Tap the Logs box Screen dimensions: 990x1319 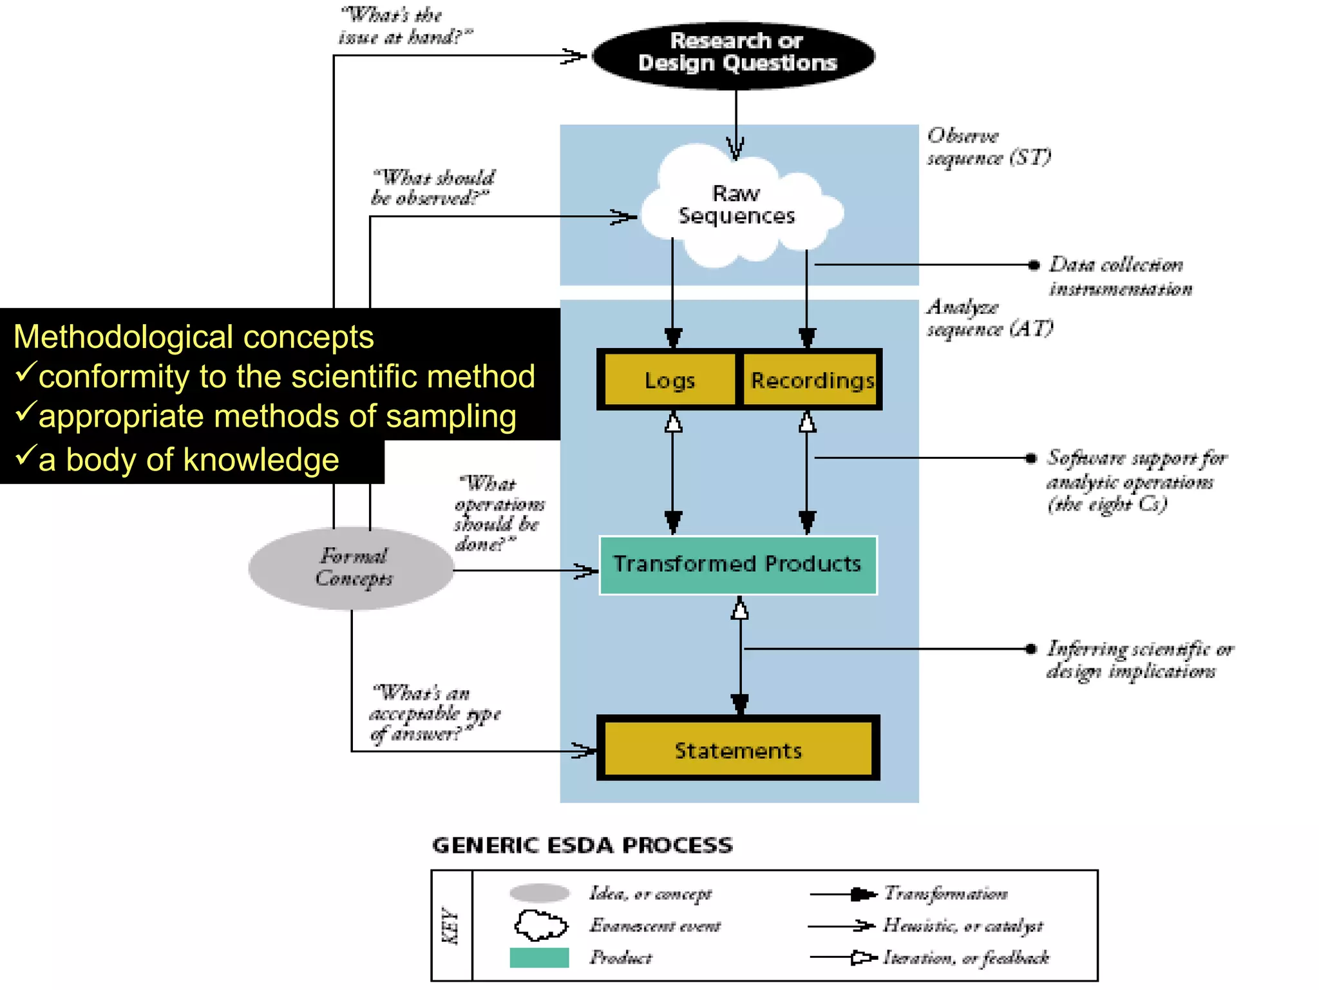670,380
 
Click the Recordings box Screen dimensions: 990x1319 811,380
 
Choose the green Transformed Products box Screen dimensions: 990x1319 738,565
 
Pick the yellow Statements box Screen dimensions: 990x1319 738,750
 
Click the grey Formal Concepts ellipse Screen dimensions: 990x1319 352,567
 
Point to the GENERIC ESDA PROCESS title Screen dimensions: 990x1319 582,845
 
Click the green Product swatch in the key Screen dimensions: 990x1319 539,958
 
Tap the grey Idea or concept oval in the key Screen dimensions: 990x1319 539,893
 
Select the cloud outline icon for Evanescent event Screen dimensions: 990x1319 540,926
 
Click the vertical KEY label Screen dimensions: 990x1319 451,926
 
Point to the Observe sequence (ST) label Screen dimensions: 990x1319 988,146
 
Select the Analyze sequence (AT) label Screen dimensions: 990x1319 989,318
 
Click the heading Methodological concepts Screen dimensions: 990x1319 193,337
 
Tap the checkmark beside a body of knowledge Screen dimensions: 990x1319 24,455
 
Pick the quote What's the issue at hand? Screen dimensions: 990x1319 404,26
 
